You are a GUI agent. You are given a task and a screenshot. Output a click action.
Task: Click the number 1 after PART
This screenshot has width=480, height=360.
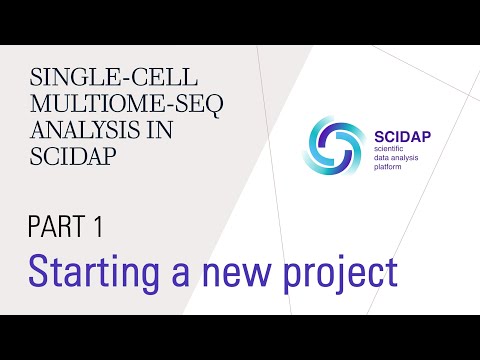tap(99, 228)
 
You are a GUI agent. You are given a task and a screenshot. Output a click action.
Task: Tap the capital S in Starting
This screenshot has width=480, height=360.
tap(38, 271)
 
